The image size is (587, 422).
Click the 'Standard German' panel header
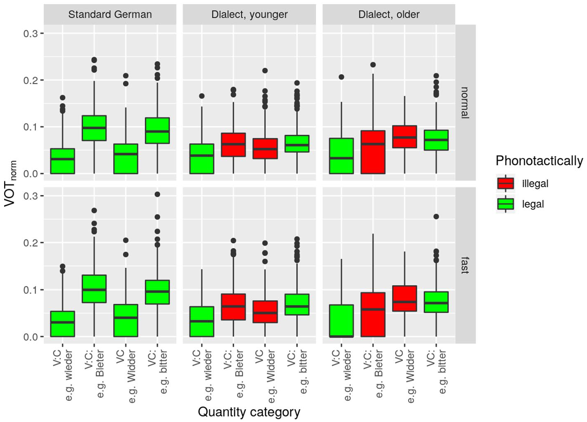(x=110, y=14)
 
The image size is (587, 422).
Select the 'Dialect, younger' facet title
(x=249, y=14)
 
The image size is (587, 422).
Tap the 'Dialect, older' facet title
(x=389, y=14)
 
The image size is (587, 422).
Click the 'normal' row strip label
(x=465, y=103)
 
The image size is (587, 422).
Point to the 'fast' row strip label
(x=465, y=266)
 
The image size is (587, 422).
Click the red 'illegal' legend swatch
(x=506, y=183)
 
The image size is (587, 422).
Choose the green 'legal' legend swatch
(x=506, y=204)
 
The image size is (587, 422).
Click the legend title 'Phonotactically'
(x=539, y=161)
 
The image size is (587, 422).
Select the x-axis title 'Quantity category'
(x=249, y=412)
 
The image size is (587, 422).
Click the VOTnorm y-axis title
(x=10, y=183)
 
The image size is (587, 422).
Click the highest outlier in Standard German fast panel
(x=157, y=194)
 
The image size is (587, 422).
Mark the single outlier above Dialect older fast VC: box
(x=436, y=217)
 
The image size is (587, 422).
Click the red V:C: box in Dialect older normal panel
(x=373, y=152)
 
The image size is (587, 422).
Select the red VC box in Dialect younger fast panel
(x=265, y=311)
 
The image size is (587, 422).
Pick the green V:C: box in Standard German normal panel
(x=94, y=128)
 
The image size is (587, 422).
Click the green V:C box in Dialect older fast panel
(x=341, y=321)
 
